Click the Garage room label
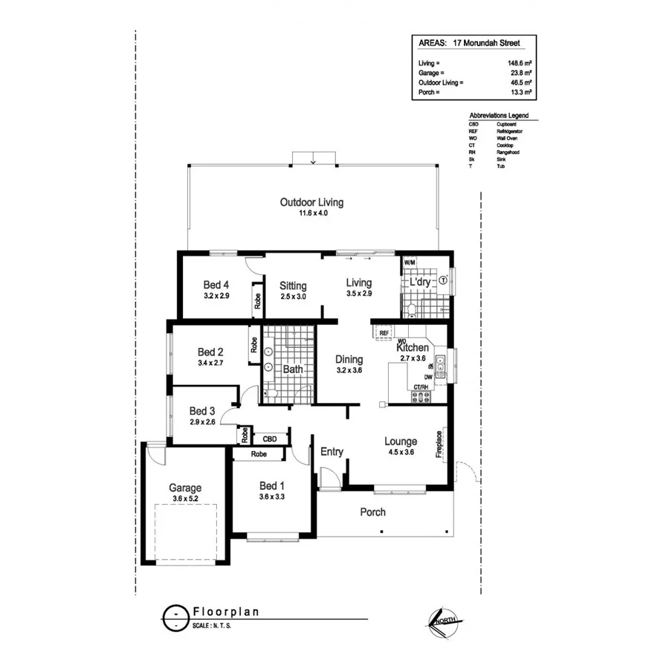(x=184, y=488)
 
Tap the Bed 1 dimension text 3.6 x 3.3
(x=271, y=497)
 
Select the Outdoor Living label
(x=311, y=202)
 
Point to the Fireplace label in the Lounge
(x=439, y=444)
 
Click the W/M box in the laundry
(x=410, y=262)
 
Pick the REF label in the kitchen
(x=384, y=333)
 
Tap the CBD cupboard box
(x=270, y=439)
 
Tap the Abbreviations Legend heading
(x=499, y=117)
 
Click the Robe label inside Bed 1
(x=259, y=453)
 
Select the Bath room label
(x=292, y=369)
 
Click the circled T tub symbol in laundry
(x=443, y=280)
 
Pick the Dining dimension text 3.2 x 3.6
(x=349, y=369)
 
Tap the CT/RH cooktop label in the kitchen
(x=422, y=387)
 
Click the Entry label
(x=332, y=451)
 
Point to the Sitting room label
(x=293, y=285)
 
